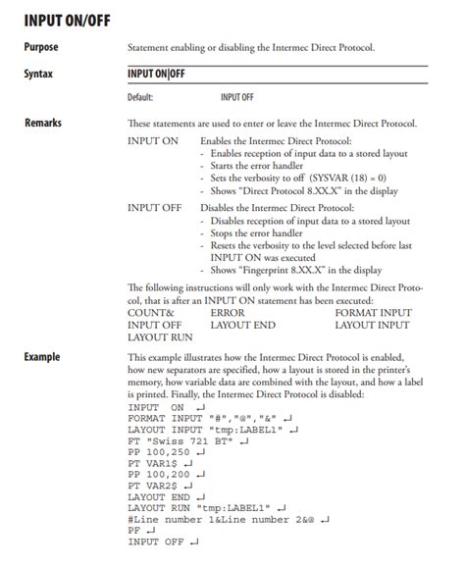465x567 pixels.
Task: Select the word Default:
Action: tap(141, 98)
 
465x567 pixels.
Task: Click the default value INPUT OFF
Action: tap(237, 98)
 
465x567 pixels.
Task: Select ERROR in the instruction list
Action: tap(228, 312)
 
